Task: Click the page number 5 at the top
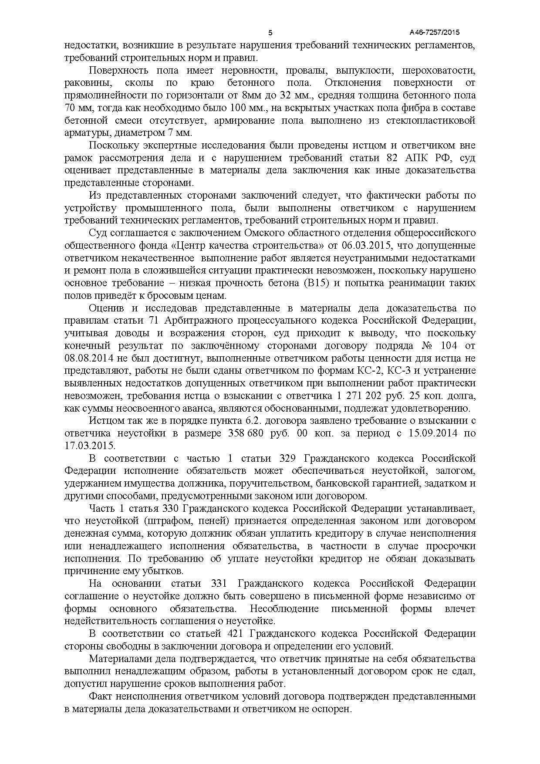pos(270,33)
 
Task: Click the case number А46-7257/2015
pos(435,33)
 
